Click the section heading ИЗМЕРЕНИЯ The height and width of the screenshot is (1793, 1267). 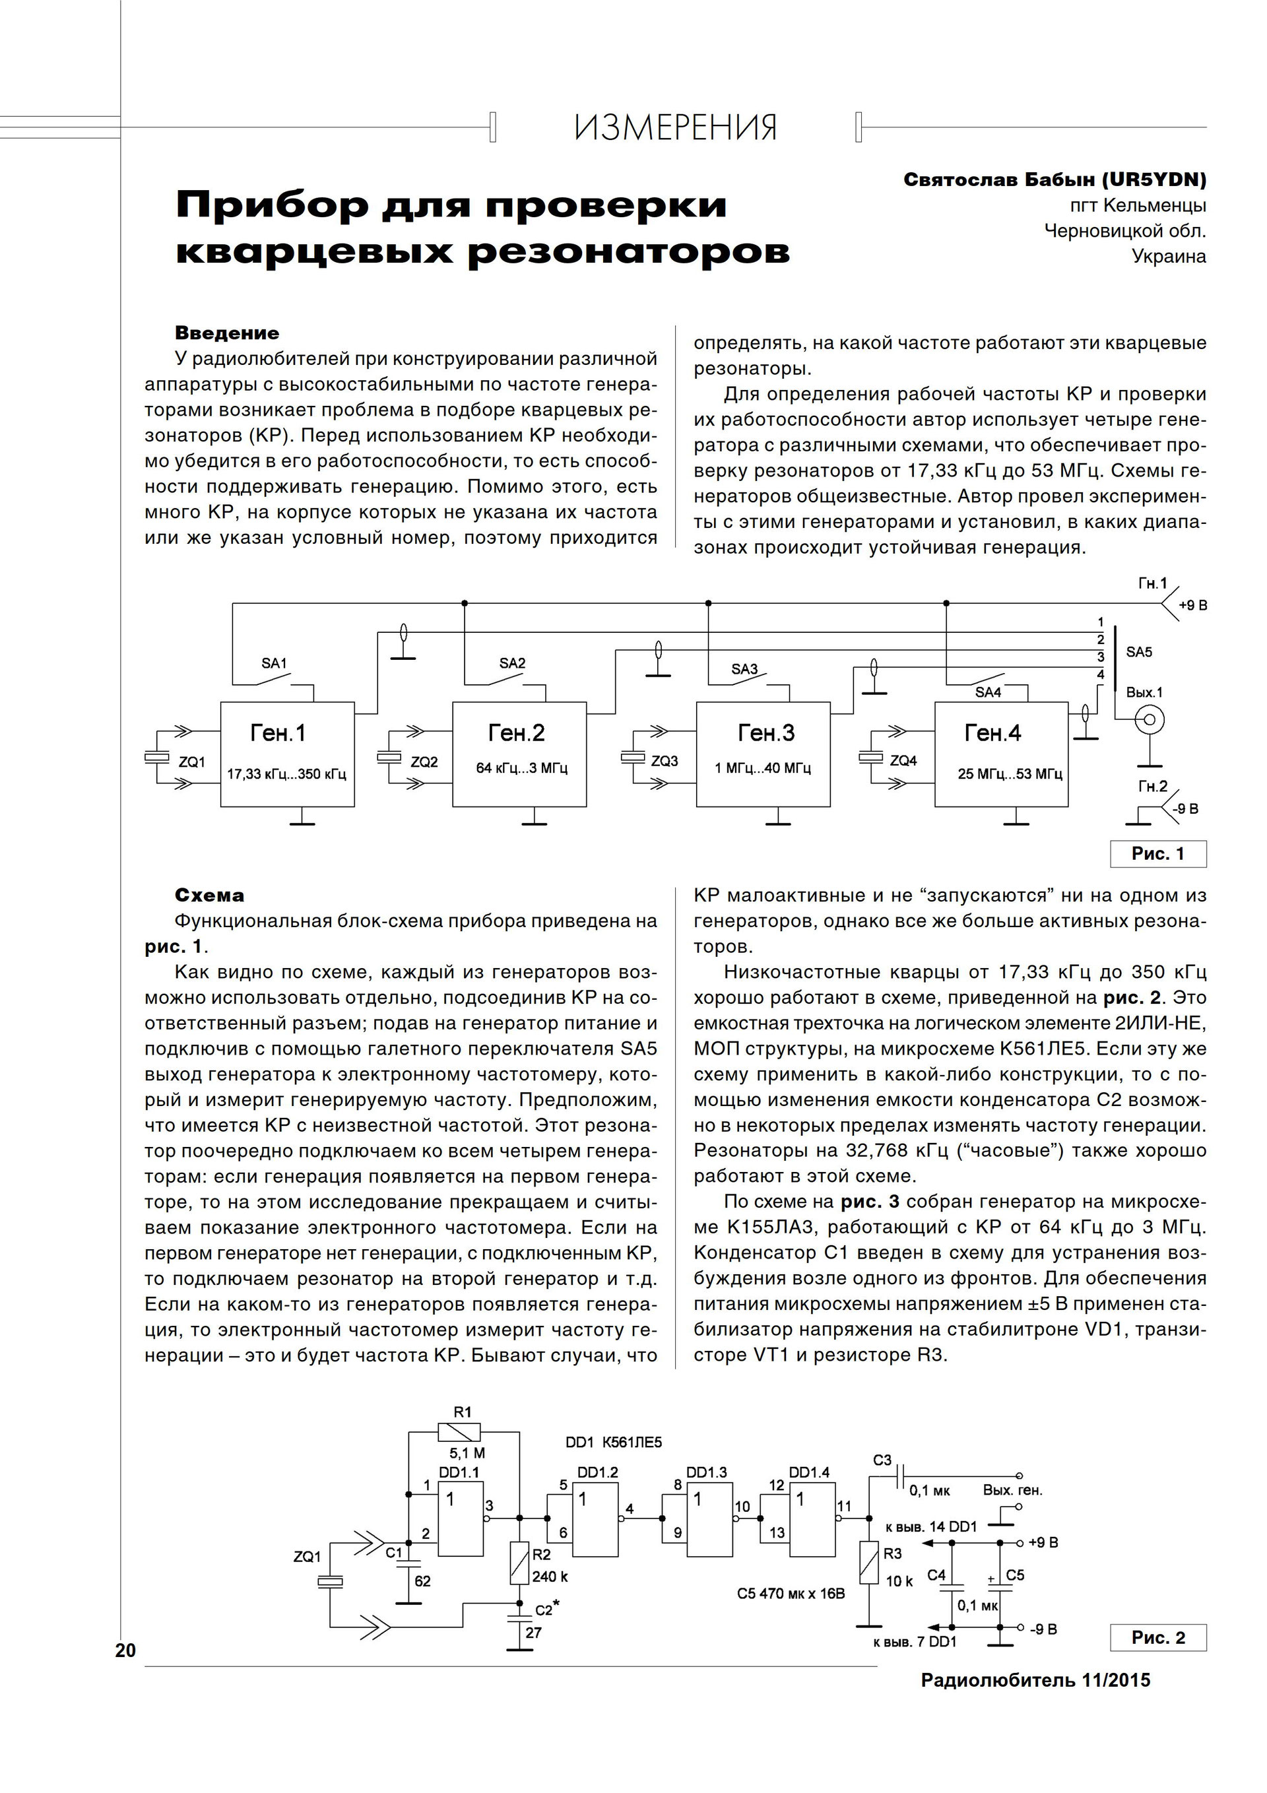[x=676, y=127]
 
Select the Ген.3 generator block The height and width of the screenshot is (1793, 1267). [x=763, y=754]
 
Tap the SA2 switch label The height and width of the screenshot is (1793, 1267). [x=513, y=663]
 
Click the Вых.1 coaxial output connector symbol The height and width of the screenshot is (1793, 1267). [x=1149, y=718]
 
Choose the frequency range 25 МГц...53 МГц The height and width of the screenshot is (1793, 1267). [x=1010, y=774]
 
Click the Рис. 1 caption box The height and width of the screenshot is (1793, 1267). [x=1157, y=853]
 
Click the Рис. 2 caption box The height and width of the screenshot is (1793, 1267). [x=1157, y=1638]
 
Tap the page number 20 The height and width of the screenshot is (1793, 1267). [x=125, y=1650]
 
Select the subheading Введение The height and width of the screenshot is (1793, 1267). [x=226, y=333]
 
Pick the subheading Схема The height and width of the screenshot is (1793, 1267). [x=209, y=896]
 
